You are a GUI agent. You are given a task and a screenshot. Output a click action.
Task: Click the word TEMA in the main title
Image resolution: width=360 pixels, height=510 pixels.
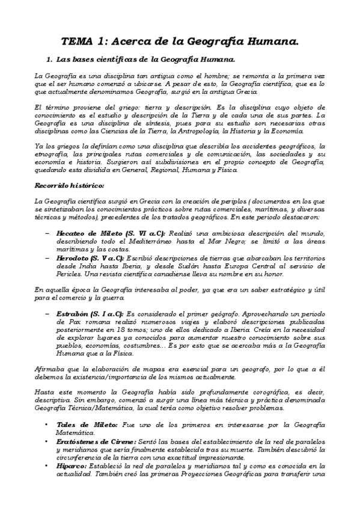[76, 41]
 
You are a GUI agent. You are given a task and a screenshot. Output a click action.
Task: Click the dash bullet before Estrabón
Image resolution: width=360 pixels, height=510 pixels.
[47, 313]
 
